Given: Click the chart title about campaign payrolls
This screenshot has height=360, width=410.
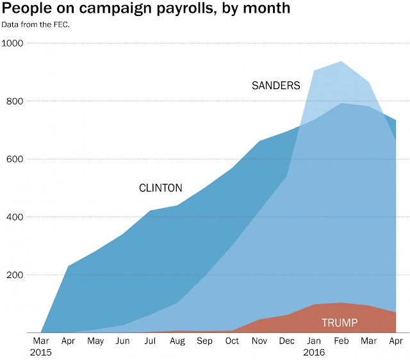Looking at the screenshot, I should click(x=146, y=9).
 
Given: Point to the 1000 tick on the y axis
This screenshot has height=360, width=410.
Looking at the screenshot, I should click(x=13, y=43).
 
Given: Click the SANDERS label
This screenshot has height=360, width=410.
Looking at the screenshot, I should click(x=276, y=86).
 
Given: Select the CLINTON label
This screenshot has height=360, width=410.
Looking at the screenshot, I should click(x=161, y=188).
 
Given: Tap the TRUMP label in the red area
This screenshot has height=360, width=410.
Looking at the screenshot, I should click(x=340, y=323).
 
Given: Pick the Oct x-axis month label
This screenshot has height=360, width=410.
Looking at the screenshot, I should click(x=231, y=341).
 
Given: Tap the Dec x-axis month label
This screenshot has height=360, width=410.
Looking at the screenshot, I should click(x=286, y=341).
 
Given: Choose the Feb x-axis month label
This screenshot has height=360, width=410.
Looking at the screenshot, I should click(x=341, y=341).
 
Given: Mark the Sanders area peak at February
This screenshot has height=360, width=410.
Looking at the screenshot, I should click(x=341, y=61).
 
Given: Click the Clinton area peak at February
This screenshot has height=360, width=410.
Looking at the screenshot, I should click(x=341, y=103).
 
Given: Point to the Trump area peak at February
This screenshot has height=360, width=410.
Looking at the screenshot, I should click(x=341, y=303).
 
